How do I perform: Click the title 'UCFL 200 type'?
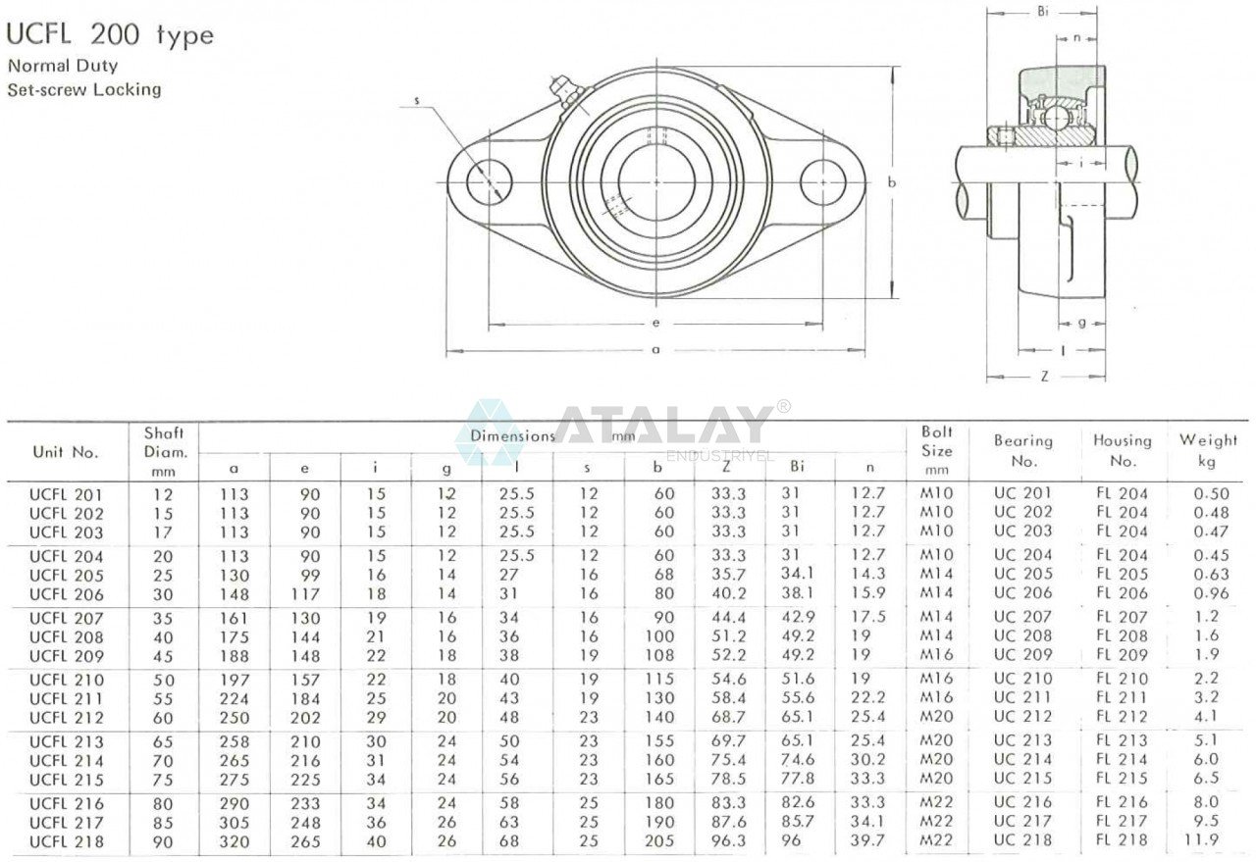click(x=110, y=35)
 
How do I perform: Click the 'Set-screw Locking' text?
click(x=84, y=89)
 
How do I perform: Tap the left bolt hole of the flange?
click(x=489, y=181)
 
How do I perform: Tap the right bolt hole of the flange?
click(x=822, y=181)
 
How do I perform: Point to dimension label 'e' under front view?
click(x=655, y=323)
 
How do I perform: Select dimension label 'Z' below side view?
click(x=1044, y=376)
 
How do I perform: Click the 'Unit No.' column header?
click(x=66, y=452)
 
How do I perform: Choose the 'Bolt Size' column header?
click(x=936, y=450)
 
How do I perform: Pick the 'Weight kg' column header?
click(x=1208, y=450)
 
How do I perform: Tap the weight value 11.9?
click(x=1206, y=840)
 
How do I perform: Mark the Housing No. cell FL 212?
click(x=1122, y=717)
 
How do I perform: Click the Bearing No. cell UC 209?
click(x=1022, y=655)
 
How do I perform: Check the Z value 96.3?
click(x=728, y=841)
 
